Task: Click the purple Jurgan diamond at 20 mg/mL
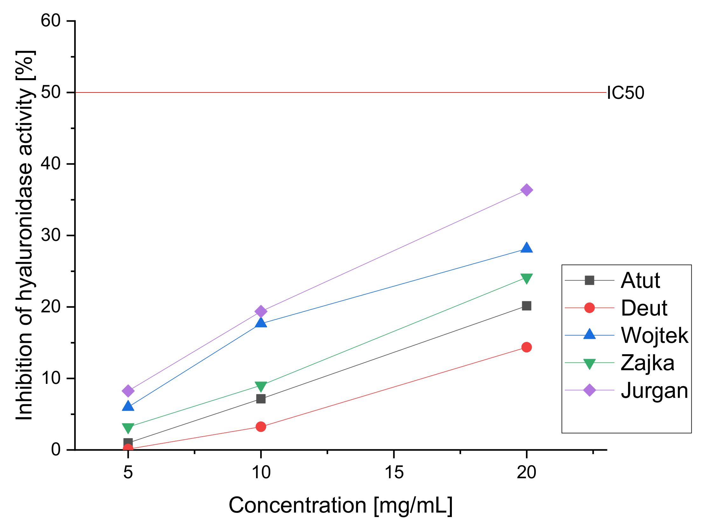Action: click(x=526, y=190)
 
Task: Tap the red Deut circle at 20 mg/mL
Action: click(x=526, y=347)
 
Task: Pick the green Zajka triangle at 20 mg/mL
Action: click(x=526, y=278)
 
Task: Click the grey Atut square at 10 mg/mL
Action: click(x=261, y=399)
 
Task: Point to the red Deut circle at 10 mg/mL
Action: click(x=261, y=426)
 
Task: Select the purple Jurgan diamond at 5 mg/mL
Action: click(x=128, y=391)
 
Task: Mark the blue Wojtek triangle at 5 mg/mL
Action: click(x=128, y=406)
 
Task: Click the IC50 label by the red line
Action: click(x=625, y=93)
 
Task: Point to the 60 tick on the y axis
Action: click(x=51, y=21)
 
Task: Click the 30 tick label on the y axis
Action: click(x=51, y=235)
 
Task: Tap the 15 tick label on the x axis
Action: click(x=394, y=473)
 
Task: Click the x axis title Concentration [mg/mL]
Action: click(x=340, y=506)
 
